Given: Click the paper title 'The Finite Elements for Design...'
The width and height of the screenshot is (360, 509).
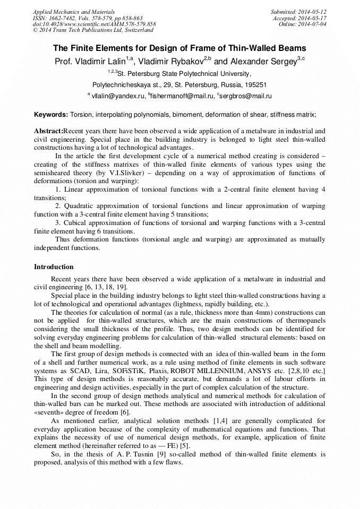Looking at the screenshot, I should [x=179, y=48].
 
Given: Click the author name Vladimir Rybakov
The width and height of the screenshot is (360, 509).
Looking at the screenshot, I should [x=172, y=62].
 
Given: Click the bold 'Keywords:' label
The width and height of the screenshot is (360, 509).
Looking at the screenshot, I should [x=50, y=114].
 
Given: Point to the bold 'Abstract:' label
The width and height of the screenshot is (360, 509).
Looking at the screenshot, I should [x=48, y=131].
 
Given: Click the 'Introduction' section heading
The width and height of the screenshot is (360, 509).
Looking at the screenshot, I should [x=54, y=267].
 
